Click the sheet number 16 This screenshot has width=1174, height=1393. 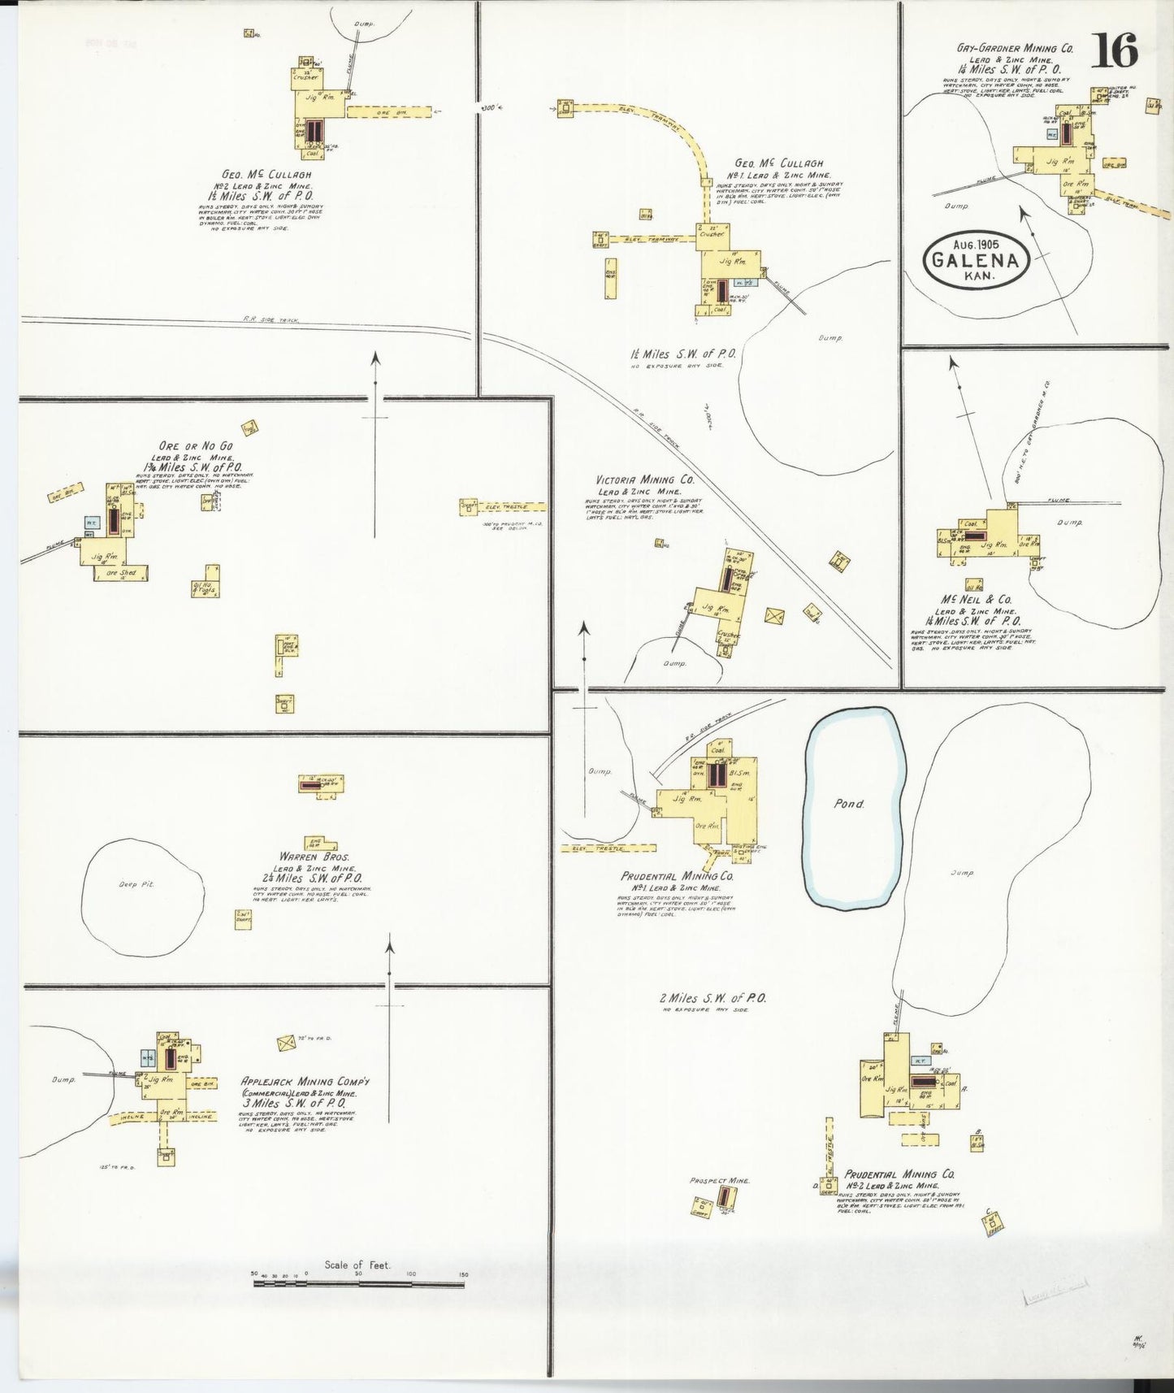click(x=1114, y=50)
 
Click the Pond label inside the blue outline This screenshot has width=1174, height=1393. click(x=849, y=804)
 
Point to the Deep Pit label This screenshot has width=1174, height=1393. click(x=136, y=884)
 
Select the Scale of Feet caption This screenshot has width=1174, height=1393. click(x=357, y=1265)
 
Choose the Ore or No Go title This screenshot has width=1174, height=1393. click(x=196, y=446)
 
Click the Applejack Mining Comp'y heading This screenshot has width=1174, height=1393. click(x=305, y=1081)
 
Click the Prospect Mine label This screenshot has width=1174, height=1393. click(x=719, y=1180)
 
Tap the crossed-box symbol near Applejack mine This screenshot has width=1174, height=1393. click(x=285, y=1043)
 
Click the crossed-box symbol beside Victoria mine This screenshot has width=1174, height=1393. click(x=774, y=615)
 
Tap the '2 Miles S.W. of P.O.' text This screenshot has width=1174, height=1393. click(x=713, y=998)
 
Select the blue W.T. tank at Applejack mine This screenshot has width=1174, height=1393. click(x=148, y=1057)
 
